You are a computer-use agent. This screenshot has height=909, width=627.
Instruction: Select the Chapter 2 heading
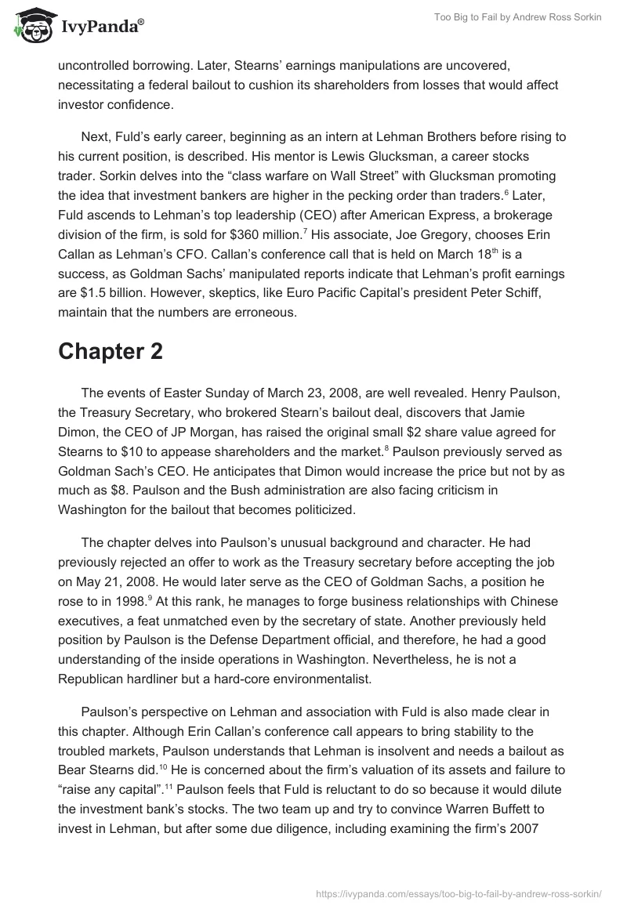click(x=110, y=352)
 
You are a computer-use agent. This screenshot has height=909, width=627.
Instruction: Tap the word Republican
click(x=100, y=679)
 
